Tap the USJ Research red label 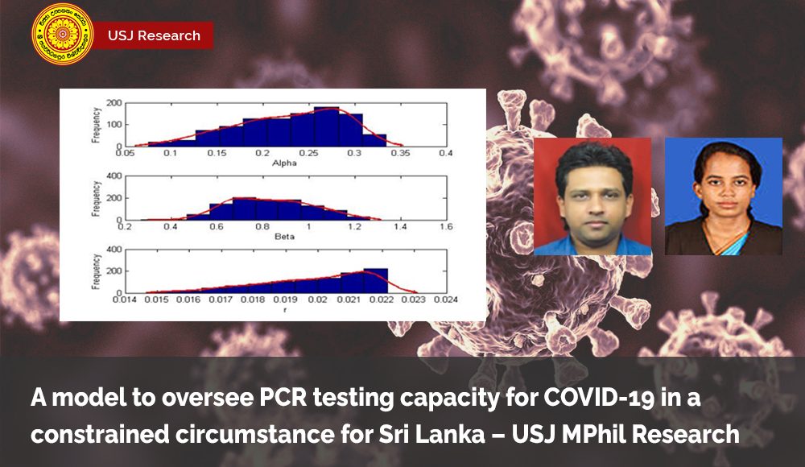point(154,35)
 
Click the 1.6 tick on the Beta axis point(445,228)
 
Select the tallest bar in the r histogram point(376,280)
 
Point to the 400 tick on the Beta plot point(115,176)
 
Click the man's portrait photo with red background point(592,196)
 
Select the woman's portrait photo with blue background point(723,196)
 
